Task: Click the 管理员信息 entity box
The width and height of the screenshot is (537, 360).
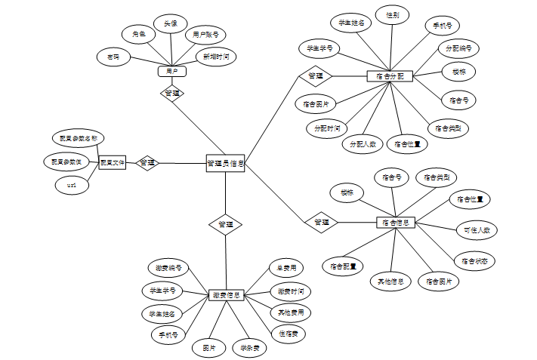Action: click(224, 163)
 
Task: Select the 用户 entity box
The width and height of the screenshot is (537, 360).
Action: click(171, 71)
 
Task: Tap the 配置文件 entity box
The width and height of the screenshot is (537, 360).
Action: click(113, 162)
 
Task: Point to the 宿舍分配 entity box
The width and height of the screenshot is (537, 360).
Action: click(390, 76)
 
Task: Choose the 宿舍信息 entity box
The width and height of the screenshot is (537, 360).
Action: click(396, 223)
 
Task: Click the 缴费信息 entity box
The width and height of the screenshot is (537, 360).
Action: click(225, 294)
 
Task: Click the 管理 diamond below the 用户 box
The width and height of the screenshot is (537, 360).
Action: click(172, 94)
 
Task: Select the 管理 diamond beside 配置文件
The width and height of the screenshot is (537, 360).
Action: click(147, 162)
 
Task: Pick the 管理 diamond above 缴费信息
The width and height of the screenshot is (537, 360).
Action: click(225, 224)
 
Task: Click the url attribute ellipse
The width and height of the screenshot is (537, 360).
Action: click(73, 185)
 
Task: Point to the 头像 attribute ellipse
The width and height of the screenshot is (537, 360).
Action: click(171, 24)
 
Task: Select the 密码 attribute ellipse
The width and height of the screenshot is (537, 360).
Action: click(113, 57)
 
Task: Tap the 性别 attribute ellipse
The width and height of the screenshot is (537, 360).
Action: click(392, 15)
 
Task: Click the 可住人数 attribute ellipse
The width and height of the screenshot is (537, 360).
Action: click(477, 229)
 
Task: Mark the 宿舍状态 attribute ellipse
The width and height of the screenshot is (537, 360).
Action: click(474, 260)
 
